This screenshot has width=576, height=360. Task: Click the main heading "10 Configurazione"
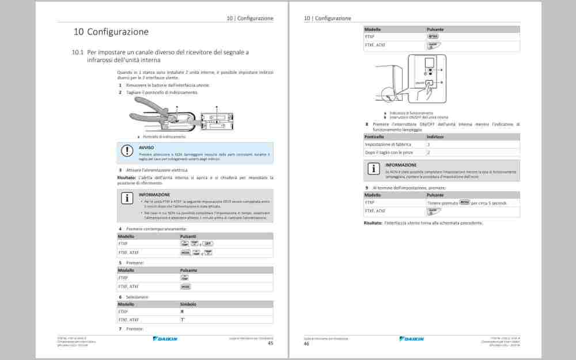tap(111, 32)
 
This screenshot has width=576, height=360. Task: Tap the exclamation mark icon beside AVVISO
tap(127, 151)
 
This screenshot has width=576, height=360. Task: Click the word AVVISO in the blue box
tap(146, 147)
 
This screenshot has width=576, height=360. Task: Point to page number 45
tap(270, 343)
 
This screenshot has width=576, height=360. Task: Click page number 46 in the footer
tap(306, 343)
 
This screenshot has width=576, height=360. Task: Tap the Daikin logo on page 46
tap(411, 339)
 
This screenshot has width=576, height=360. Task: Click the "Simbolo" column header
tap(188, 304)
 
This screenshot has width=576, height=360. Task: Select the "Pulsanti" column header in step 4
tap(188, 236)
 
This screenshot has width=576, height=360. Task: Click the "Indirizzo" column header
tap(435, 137)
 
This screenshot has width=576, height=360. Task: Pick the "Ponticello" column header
tap(374, 137)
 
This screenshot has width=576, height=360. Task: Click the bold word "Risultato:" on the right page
tap(373, 223)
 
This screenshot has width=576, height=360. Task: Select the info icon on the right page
tap(374, 169)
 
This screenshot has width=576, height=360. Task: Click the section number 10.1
tap(78, 52)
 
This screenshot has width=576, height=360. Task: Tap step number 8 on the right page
tap(366, 124)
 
